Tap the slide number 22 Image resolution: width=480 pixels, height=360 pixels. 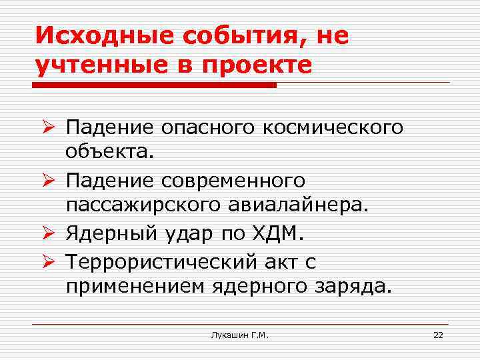tap(438, 335)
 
